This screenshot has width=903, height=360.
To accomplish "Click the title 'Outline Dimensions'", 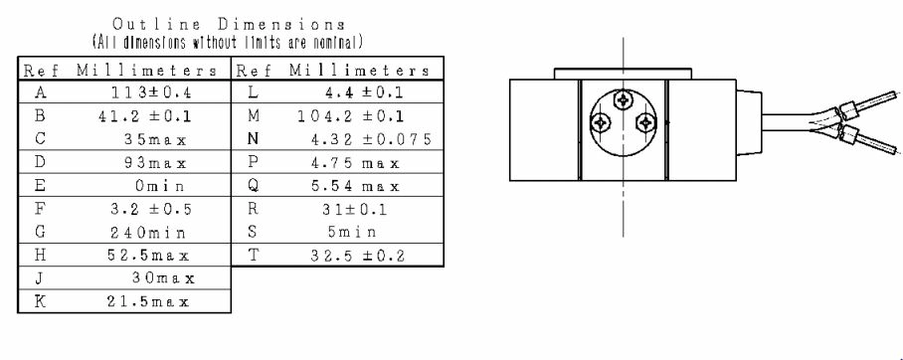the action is (229, 25).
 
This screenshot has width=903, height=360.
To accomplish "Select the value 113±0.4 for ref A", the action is (151, 92).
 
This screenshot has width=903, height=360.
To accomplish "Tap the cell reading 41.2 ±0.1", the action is (144, 115).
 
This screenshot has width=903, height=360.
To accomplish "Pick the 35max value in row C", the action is (155, 139).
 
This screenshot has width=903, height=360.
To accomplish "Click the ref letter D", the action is (39, 162).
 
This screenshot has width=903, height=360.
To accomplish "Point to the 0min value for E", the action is (159, 186).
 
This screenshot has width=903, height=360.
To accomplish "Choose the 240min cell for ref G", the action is (148, 233).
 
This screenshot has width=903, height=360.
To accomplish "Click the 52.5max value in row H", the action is (148, 256).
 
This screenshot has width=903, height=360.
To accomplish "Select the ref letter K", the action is (39, 301).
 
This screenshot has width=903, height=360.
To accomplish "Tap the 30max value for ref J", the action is (163, 278).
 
